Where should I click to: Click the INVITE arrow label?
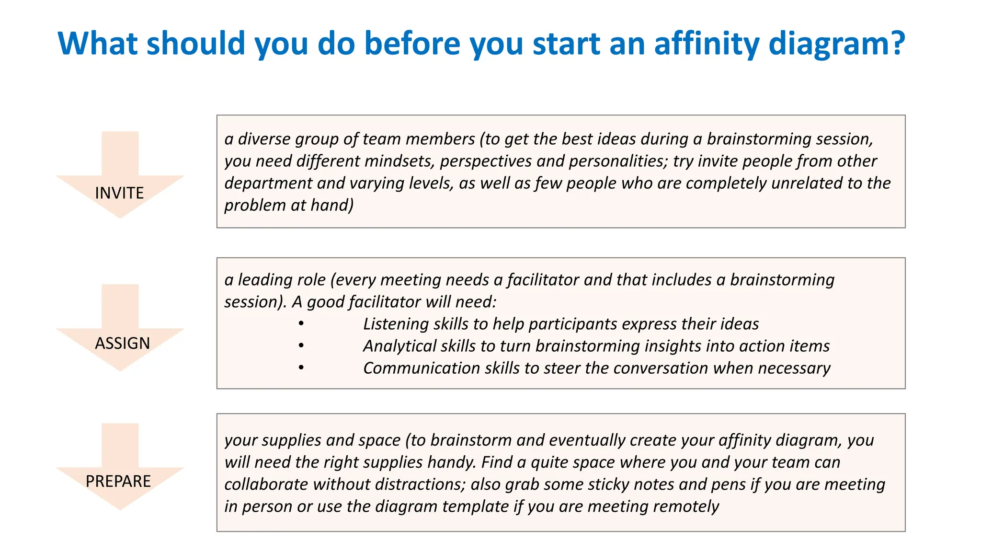(119, 193)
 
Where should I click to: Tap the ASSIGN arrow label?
(122, 344)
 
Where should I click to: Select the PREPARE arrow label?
(118, 481)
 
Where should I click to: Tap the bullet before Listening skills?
(301, 323)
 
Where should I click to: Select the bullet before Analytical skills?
(301, 345)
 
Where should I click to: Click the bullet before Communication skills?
(301, 368)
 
